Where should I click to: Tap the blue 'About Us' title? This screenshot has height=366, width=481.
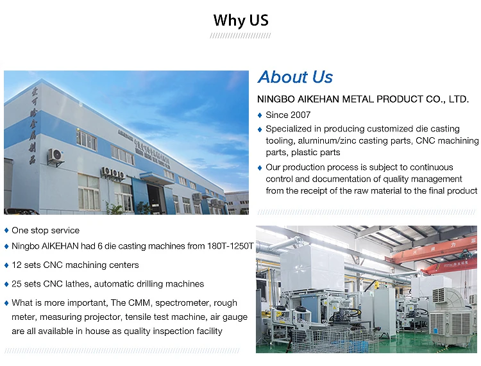tap(295, 78)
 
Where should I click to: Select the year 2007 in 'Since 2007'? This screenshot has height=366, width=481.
tap(300, 115)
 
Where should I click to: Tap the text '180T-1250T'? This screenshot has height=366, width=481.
tap(232, 246)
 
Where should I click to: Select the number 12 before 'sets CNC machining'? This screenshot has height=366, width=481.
tap(16, 265)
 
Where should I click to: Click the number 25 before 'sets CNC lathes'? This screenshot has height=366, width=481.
tap(17, 284)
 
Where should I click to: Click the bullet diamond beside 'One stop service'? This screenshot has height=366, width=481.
tap(6, 230)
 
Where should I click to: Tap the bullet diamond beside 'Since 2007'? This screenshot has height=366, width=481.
tap(260, 115)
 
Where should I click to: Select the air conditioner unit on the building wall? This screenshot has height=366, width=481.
tap(56, 156)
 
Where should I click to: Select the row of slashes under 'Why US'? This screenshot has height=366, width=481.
tap(240, 36)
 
